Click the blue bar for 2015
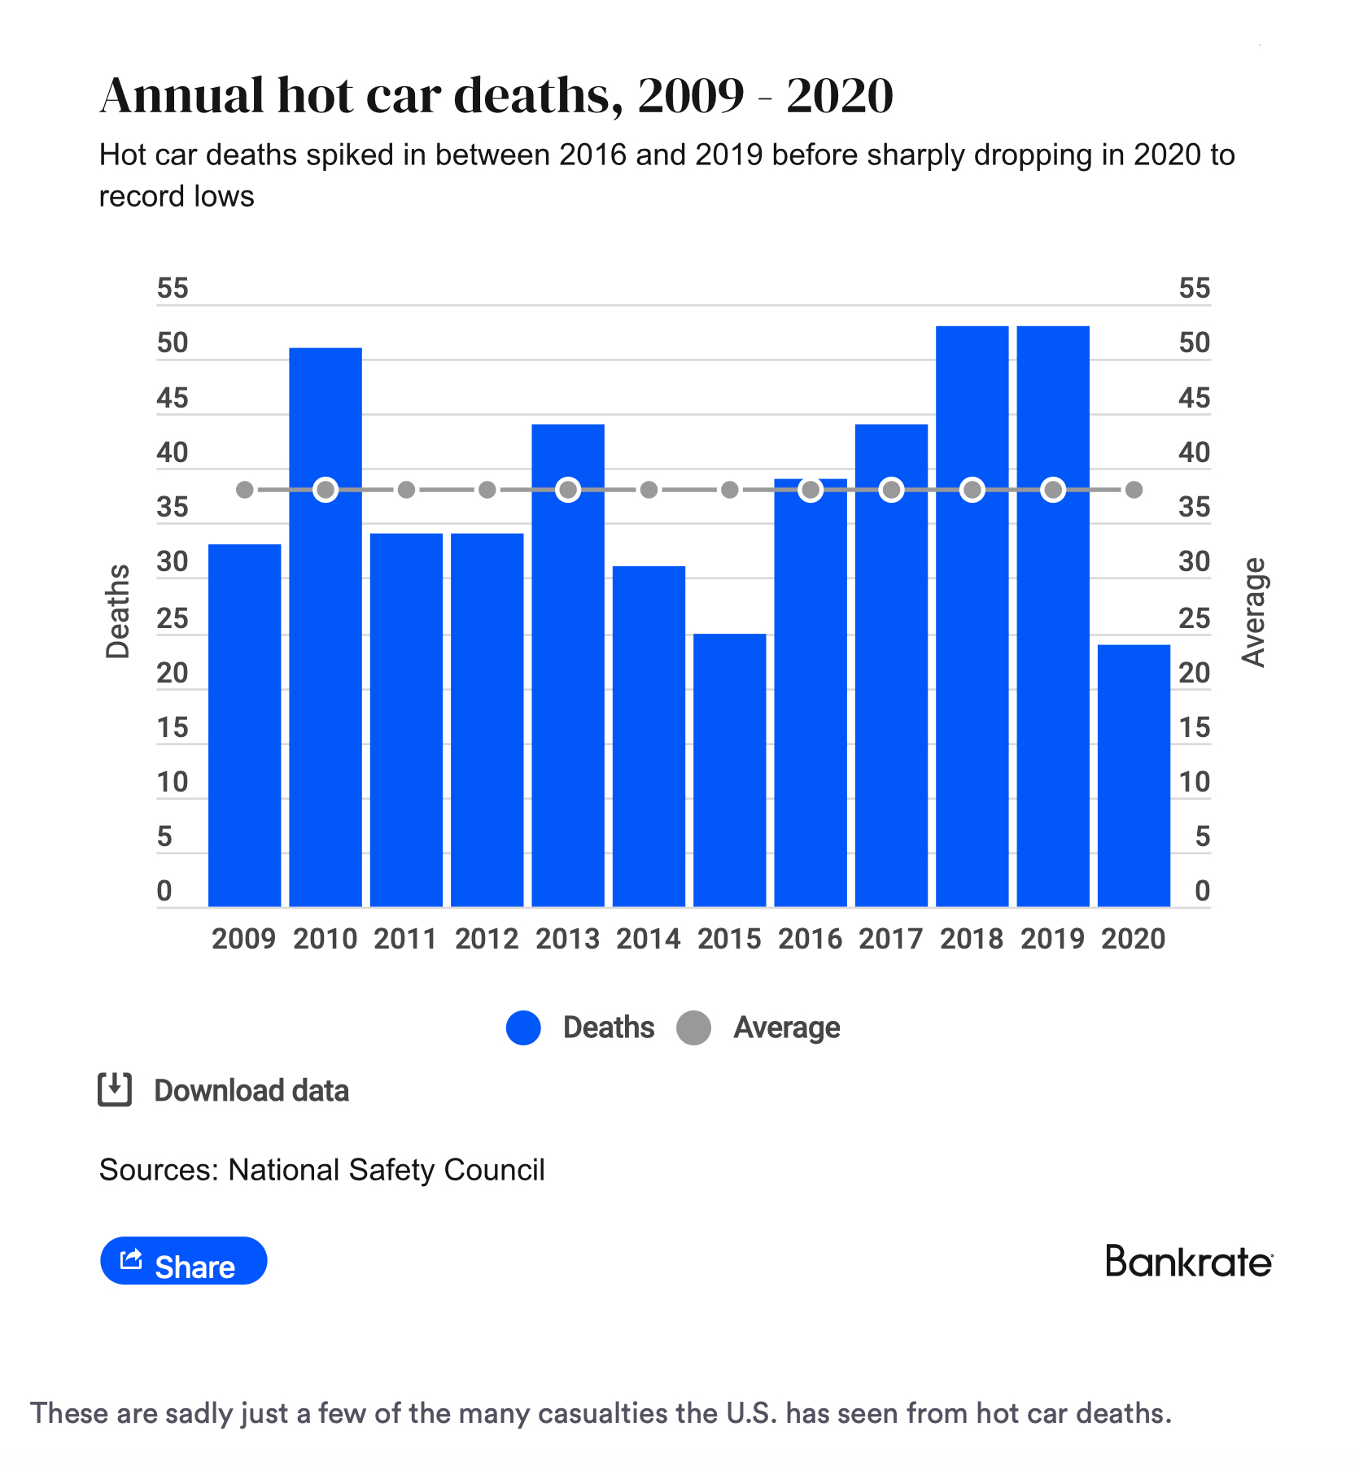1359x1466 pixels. click(730, 769)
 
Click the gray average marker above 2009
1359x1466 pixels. click(245, 490)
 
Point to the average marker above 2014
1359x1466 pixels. click(649, 490)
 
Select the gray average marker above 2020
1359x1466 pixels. click(1134, 490)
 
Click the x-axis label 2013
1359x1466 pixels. click(568, 939)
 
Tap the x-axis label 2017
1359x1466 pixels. click(891, 939)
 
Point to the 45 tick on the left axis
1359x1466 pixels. click(173, 399)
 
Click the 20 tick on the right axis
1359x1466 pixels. click(1194, 674)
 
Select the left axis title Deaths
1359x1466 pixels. click(119, 611)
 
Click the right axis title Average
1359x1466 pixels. click(1254, 613)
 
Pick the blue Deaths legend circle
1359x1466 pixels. click(523, 1028)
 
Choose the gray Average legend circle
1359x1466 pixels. click(694, 1028)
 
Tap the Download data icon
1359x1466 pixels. click(115, 1090)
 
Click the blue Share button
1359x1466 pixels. click(184, 1261)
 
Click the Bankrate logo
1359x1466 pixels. click(1189, 1262)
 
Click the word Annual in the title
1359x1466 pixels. click(182, 96)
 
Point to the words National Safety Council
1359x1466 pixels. click(387, 1170)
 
